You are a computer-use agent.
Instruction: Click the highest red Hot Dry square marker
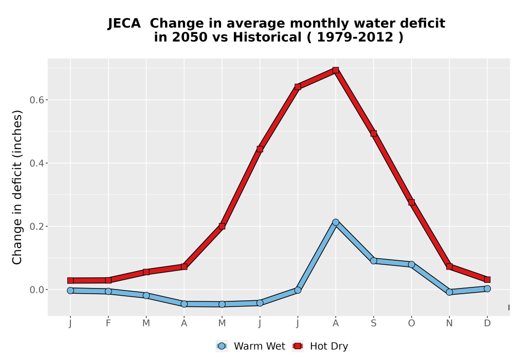tap(335, 70)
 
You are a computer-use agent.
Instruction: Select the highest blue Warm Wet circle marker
tap(335, 222)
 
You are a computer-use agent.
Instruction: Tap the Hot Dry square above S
tap(373, 133)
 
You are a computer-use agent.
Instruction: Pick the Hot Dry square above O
tap(411, 202)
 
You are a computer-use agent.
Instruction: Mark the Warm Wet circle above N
tap(449, 292)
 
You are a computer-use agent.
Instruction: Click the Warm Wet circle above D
tap(487, 289)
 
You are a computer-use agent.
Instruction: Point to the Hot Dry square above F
tap(108, 280)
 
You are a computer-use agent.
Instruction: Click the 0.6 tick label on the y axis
tap(36, 100)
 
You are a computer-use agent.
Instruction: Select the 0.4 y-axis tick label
tap(36, 163)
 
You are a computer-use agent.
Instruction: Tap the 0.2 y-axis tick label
tap(36, 227)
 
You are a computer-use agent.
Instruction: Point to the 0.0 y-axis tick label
tap(36, 290)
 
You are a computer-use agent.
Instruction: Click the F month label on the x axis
tap(108, 323)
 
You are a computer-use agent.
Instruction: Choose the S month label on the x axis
tap(373, 323)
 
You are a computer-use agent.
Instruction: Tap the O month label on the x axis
tap(411, 323)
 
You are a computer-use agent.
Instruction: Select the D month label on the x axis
tap(487, 323)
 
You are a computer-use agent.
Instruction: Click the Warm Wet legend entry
tap(251, 346)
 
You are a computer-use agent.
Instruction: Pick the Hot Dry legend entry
tap(320, 346)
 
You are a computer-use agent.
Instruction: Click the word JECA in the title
tap(124, 24)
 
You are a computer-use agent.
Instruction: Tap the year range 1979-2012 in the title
tap(355, 38)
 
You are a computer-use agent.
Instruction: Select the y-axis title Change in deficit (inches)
tap(17, 187)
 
